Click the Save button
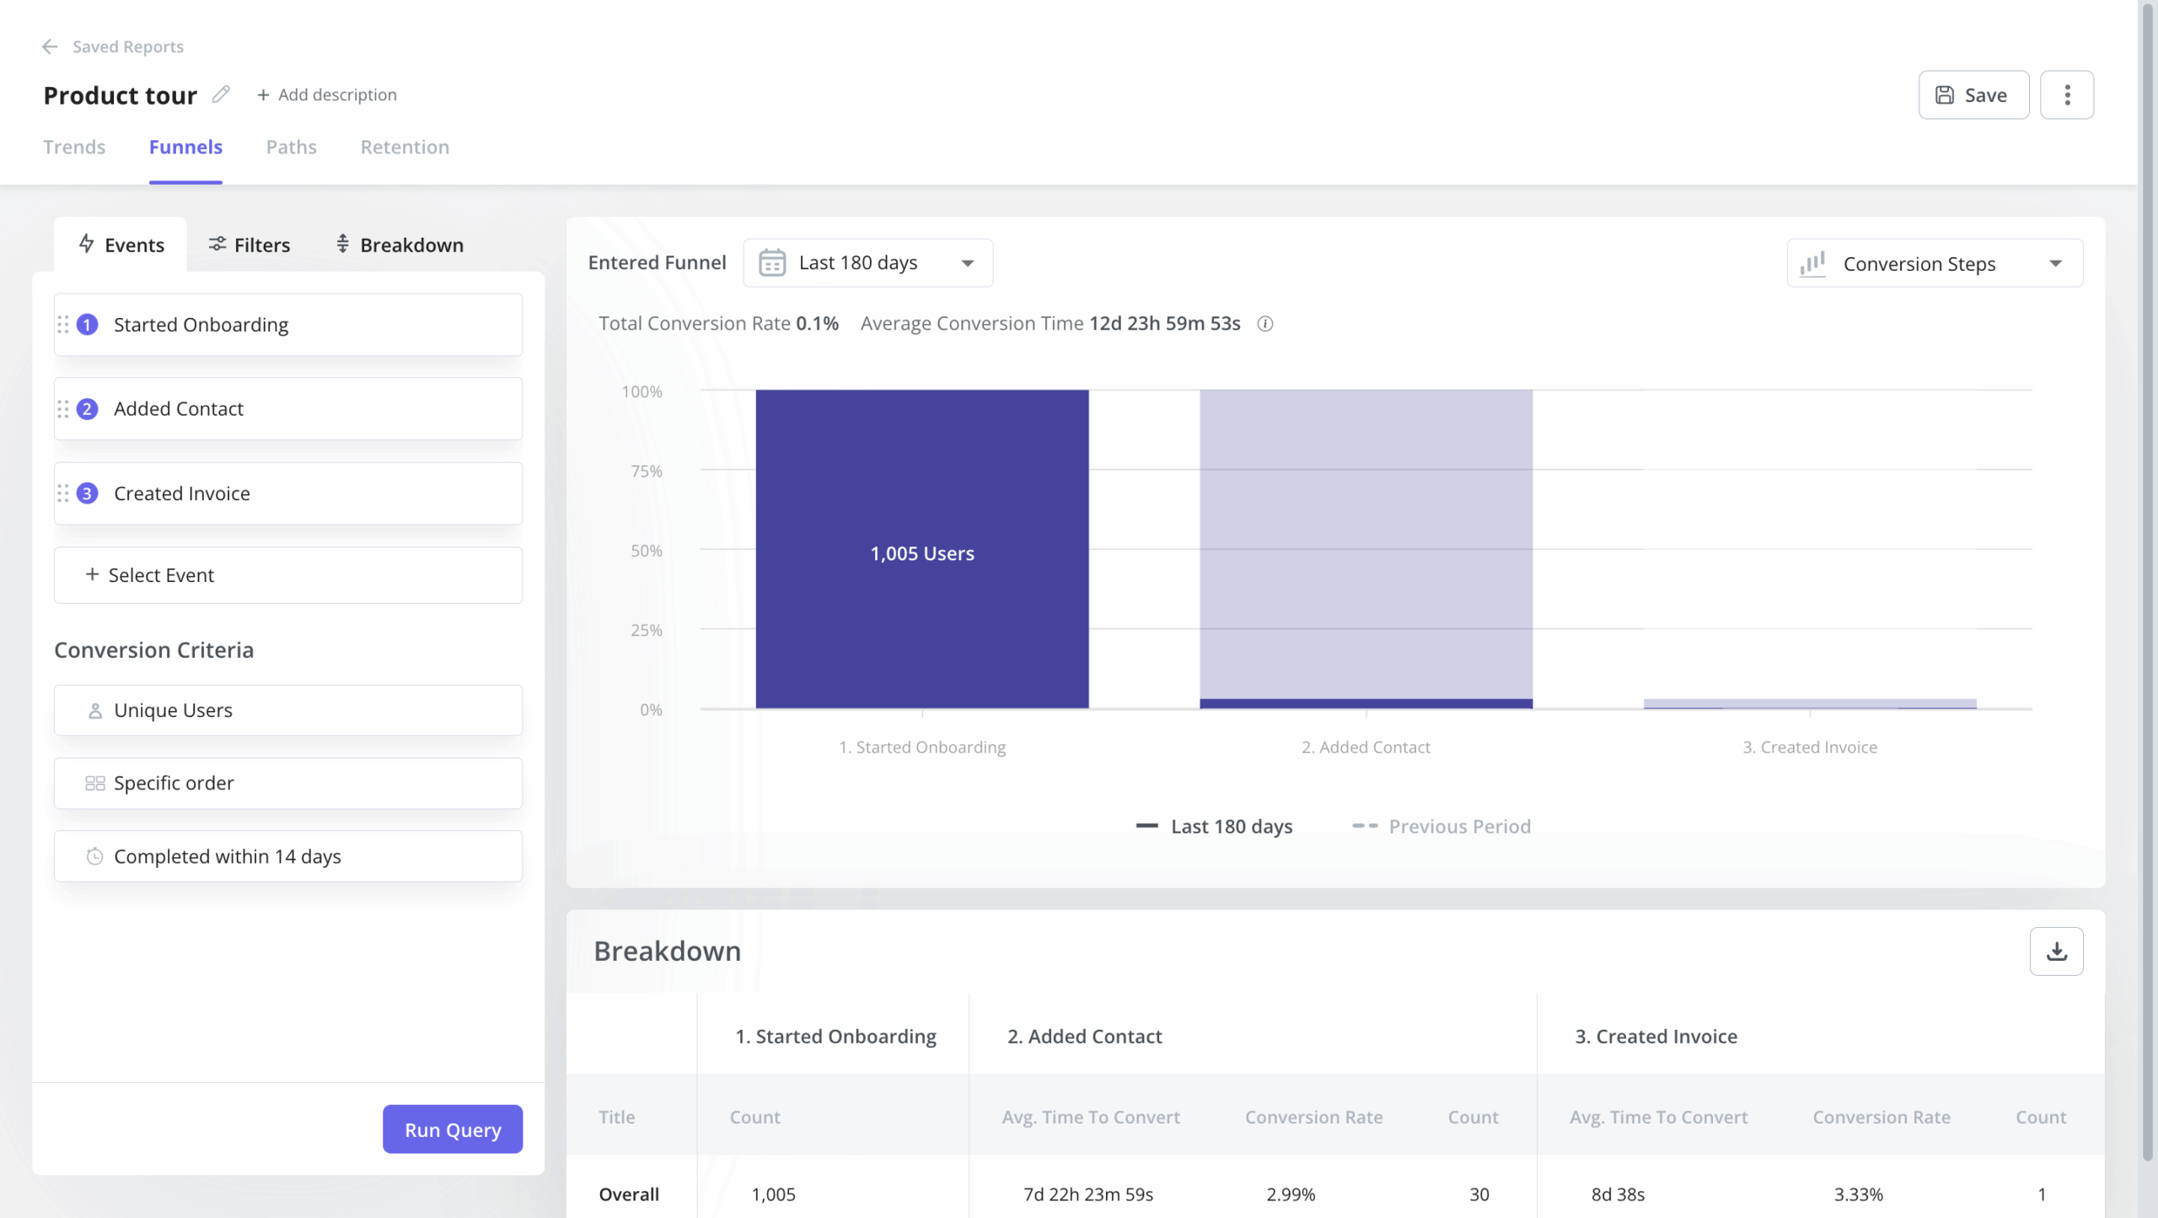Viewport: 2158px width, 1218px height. [x=1973, y=95]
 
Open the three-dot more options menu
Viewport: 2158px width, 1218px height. [x=2066, y=95]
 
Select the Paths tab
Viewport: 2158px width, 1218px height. [x=291, y=148]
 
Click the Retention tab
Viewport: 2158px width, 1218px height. [x=405, y=148]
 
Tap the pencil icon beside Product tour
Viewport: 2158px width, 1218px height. [x=221, y=94]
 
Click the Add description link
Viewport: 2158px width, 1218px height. [x=327, y=95]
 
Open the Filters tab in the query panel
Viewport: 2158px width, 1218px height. [x=250, y=245]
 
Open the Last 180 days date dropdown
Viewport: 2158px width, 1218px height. [x=867, y=263]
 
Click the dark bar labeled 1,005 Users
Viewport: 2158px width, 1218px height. [x=921, y=552]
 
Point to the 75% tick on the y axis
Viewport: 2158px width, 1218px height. [x=647, y=472]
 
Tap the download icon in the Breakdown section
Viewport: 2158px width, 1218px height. [x=2055, y=951]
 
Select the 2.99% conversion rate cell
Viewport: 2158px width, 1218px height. [x=1291, y=1194]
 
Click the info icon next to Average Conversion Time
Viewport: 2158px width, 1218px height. [x=1264, y=324]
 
